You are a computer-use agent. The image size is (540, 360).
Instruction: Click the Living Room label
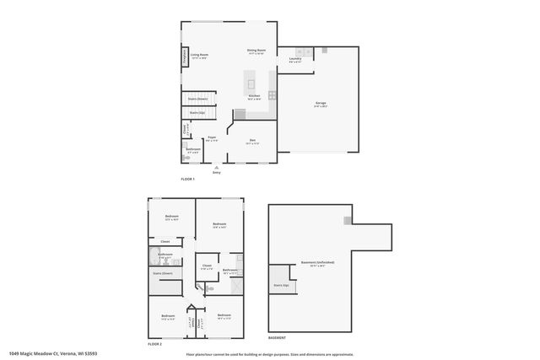pos(199,56)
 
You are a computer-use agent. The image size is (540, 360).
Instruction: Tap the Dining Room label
pos(256,51)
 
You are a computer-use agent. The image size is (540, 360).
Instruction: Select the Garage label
pos(320,105)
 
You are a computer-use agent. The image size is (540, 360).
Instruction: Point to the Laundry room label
pos(295,60)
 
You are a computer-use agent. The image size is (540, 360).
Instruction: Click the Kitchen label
pos(253,97)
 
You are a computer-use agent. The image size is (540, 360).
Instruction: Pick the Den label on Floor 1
pos(251,141)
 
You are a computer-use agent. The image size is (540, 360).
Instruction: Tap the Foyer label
pos(213,137)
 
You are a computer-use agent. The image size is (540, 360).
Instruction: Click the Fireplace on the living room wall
pos(185,56)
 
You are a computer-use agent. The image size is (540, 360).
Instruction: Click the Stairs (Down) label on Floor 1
pos(198,99)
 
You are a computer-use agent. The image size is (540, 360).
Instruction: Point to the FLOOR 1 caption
pos(187,180)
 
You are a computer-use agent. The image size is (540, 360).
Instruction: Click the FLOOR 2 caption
pos(154,344)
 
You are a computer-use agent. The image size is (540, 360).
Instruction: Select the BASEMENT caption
pos(277,337)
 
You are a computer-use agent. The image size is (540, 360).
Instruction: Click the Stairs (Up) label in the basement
pos(280,285)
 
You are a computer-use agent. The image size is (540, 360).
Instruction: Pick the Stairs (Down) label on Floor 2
pos(163,273)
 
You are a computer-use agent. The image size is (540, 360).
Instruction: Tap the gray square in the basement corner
pos(347,220)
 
